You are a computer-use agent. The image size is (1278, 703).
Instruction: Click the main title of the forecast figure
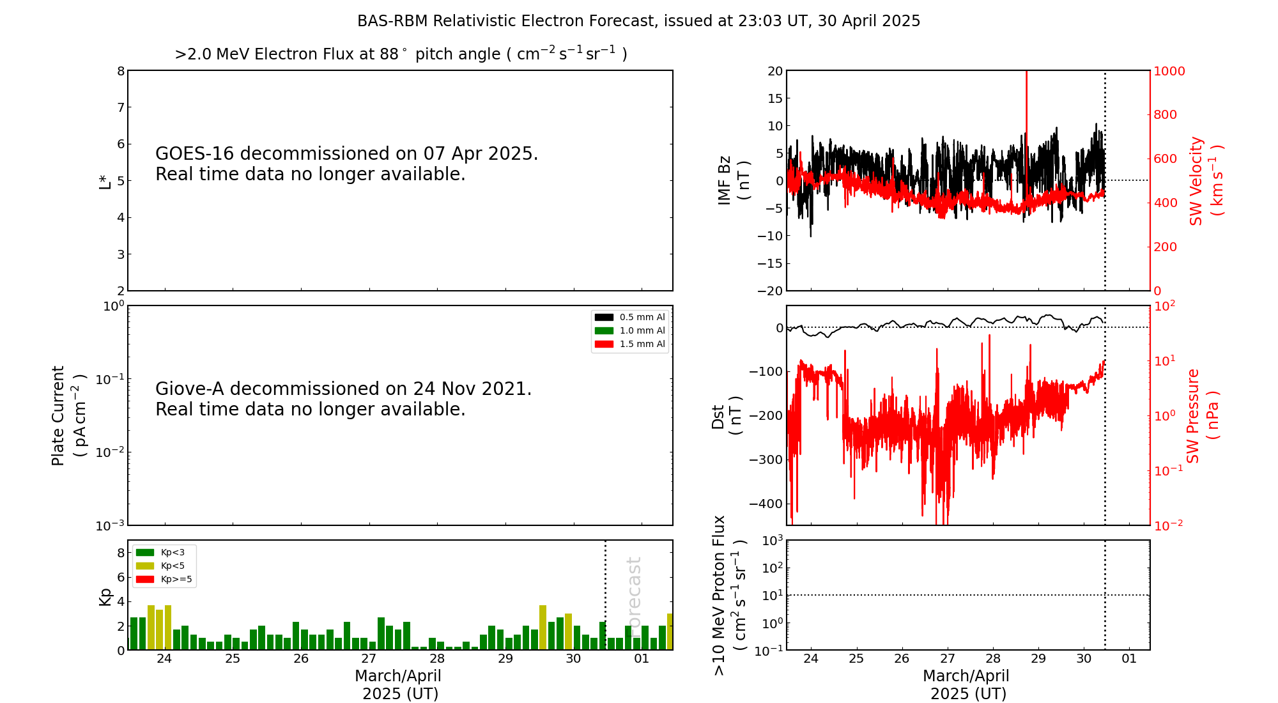click(x=638, y=21)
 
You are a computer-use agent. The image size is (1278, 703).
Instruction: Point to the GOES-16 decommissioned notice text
click(x=346, y=164)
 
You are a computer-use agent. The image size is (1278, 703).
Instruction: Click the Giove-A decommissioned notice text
click(x=343, y=399)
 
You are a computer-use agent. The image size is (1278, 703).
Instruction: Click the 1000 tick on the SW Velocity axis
click(x=1169, y=71)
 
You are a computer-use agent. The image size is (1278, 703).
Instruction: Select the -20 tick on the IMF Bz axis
click(x=771, y=291)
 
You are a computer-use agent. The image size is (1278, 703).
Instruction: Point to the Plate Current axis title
click(x=68, y=415)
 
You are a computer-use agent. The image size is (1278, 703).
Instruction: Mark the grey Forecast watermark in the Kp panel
click(x=634, y=594)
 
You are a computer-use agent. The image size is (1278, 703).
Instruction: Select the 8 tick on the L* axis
click(x=121, y=71)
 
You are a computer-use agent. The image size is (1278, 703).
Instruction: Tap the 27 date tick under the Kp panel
click(x=369, y=659)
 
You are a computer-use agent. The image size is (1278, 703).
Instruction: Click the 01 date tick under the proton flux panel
click(x=1129, y=659)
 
